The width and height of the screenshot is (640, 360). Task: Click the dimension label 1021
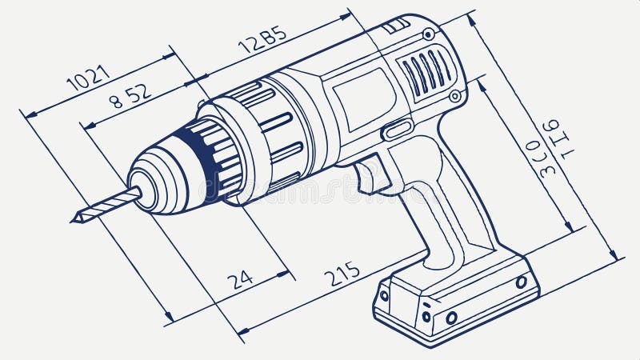(88, 78)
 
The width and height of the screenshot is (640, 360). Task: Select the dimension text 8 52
(130, 96)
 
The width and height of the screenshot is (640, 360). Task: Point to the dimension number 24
(239, 279)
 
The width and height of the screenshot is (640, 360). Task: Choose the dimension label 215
(342, 274)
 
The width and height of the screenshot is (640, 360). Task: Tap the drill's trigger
(370, 174)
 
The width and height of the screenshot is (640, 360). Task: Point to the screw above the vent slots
(429, 34)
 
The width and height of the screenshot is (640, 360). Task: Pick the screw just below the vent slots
(454, 96)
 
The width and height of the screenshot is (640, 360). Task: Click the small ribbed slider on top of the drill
(395, 26)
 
